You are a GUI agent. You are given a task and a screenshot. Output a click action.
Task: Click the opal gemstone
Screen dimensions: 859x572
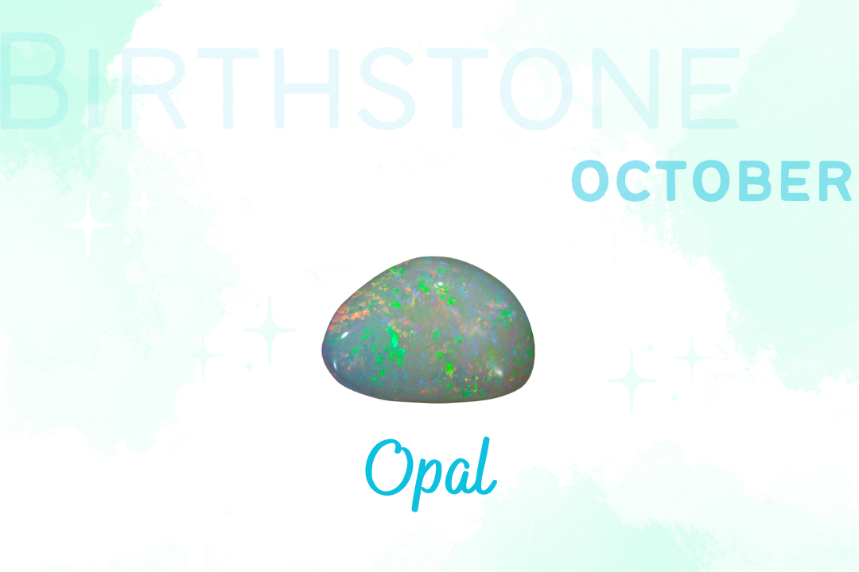(x=428, y=330)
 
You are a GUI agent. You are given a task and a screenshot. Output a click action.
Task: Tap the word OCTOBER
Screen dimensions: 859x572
(x=712, y=180)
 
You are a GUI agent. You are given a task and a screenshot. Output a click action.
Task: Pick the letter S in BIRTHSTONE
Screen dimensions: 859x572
(x=387, y=88)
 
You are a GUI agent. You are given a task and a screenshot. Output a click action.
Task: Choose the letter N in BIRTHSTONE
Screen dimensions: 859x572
(x=624, y=88)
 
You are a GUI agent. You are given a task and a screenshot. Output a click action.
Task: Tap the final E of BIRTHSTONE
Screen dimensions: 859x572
(x=710, y=88)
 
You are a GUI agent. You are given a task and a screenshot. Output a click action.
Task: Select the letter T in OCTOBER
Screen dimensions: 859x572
(x=671, y=181)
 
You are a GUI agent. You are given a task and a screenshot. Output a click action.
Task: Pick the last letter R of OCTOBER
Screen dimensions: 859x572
(x=835, y=181)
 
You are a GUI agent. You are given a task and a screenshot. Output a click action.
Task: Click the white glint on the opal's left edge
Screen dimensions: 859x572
(x=344, y=334)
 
